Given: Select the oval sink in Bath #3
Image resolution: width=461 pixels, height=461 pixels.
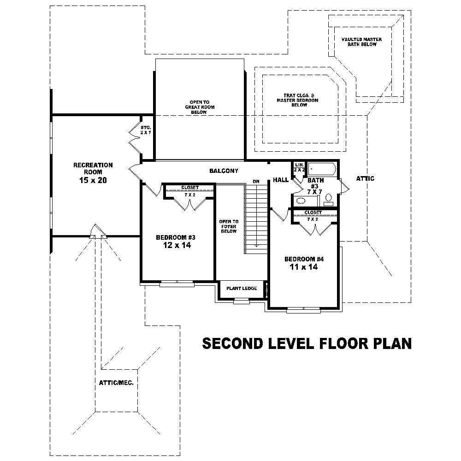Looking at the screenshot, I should click(x=301, y=201).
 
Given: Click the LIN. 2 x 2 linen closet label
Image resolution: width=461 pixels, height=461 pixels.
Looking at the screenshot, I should click(x=299, y=167).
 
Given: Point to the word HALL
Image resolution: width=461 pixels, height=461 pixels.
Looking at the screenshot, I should click(x=280, y=179).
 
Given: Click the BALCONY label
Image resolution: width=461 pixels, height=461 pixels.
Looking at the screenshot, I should click(x=224, y=171).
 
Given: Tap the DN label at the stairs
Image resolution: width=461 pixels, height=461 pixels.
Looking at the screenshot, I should click(x=256, y=181).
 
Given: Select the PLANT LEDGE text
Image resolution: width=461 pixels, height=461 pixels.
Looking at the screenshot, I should click(x=241, y=289).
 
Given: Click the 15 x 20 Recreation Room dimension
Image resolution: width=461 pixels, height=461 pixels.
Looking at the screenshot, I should click(x=93, y=180).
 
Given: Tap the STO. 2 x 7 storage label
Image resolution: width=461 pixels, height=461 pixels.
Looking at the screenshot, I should click(x=146, y=130).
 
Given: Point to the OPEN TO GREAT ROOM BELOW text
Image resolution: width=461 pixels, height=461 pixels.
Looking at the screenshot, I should click(x=199, y=107).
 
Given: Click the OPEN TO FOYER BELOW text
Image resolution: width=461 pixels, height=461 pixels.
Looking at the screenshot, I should click(x=228, y=226).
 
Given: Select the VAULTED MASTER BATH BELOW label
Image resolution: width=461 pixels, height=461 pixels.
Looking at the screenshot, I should click(x=362, y=42).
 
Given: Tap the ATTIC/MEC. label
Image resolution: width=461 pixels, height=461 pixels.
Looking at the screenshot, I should click(x=116, y=383).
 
